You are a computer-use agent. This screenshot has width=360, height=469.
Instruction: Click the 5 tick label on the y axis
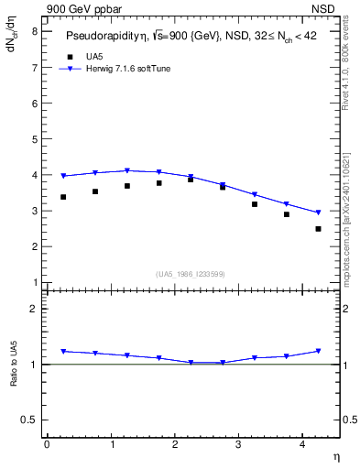coord(34,139)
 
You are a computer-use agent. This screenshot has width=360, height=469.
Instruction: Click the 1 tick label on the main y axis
coord(34,282)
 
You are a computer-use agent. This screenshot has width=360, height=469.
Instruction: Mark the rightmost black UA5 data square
coord(318,229)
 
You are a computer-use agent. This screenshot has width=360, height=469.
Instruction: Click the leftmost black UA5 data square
coord(63,197)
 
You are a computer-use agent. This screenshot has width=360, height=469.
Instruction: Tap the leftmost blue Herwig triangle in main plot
coord(63,176)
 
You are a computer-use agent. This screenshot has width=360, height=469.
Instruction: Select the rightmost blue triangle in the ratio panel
coord(318,351)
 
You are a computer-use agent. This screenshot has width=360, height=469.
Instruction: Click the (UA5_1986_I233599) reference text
coord(191,274)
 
